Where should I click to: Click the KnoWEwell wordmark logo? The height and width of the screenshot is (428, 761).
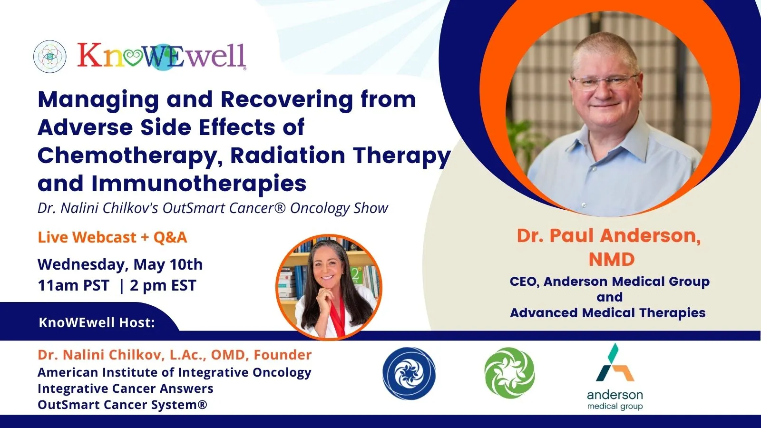click(162, 56)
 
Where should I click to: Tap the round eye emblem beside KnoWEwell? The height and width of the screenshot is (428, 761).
click(50, 57)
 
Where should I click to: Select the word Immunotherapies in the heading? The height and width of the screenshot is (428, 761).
click(199, 184)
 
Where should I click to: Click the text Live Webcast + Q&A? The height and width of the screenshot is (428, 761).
click(112, 237)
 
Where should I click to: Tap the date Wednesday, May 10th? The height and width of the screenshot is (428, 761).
click(120, 264)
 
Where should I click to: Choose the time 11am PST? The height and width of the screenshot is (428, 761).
click(74, 285)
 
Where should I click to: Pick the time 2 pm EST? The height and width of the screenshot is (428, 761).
click(163, 285)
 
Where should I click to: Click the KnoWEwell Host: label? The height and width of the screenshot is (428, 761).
click(97, 322)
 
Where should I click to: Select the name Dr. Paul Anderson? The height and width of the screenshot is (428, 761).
click(608, 235)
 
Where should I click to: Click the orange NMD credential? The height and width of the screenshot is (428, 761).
click(612, 260)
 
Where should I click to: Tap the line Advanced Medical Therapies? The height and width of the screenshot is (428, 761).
click(608, 313)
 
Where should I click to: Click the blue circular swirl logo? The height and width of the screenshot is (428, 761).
click(409, 374)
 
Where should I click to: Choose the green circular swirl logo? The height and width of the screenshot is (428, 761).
click(509, 373)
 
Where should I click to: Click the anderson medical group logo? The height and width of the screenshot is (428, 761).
click(615, 377)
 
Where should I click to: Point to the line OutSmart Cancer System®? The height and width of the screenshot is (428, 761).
click(122, 405)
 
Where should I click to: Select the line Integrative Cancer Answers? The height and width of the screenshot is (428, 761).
click(126, 389)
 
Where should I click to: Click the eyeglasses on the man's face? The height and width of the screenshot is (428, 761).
click(605, 82)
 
